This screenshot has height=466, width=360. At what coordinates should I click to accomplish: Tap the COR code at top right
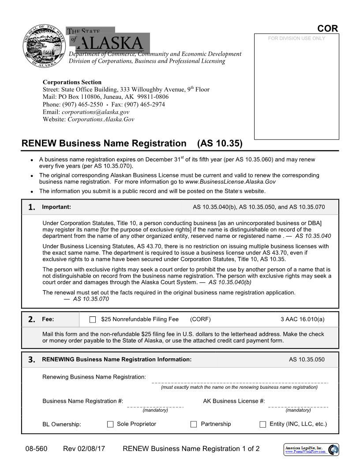pos(327,29)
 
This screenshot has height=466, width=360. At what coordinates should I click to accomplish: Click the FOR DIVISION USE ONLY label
pos(296,38)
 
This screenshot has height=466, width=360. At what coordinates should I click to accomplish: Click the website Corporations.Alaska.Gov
pos(101,119)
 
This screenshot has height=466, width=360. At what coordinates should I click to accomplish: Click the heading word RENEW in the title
pos(39,143)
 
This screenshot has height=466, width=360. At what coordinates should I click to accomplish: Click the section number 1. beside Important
pos(32,207)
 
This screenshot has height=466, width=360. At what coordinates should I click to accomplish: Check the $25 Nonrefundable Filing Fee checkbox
pos(93,319)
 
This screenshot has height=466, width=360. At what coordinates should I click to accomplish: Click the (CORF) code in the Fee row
pos(200,319)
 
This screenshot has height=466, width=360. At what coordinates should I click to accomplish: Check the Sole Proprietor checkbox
pos(110,424)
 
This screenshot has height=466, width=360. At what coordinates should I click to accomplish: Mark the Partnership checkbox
pos(193,424)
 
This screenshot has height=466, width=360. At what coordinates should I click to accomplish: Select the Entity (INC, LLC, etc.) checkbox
pos(262,424)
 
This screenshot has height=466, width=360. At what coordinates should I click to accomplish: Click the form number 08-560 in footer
pos(36,449)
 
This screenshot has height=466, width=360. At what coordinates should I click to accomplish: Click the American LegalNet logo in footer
pos(311,449)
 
